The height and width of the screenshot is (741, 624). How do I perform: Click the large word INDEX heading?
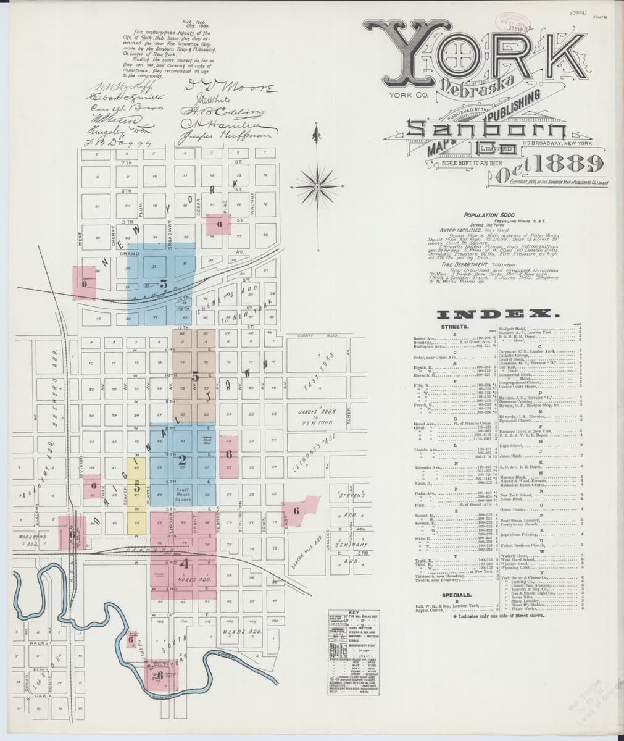pyautogui.click(x=497, y=314)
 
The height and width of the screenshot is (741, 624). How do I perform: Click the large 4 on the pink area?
pyautogui.click(x=185, y=563)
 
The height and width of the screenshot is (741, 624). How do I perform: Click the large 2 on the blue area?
pyautogui.click(x=182, y=459)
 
